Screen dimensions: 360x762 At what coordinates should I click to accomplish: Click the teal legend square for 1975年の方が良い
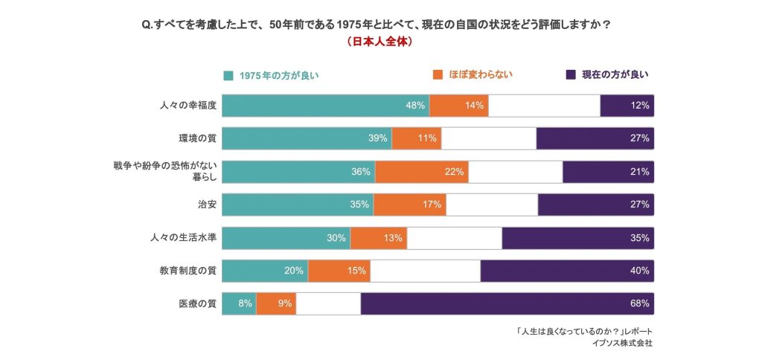coord(228,75)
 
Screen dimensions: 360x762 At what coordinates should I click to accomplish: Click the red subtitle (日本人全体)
coord(380,42)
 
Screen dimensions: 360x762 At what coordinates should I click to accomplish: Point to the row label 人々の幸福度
coord(188,106)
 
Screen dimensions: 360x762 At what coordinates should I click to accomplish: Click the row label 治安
coord(208,204)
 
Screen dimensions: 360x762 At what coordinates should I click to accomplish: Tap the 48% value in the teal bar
coord(415,106)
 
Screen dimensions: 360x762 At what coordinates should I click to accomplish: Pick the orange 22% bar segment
coord(421,172)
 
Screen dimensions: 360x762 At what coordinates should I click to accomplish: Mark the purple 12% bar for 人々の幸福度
coord(627,106)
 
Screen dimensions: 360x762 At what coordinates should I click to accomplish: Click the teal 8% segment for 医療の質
coord(239,303)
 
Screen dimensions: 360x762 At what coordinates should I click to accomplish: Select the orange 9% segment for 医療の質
coord(276,303)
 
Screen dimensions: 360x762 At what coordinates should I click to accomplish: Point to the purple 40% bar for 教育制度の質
coord(567,271)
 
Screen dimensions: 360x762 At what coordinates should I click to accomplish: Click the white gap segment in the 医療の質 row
coord(328,303)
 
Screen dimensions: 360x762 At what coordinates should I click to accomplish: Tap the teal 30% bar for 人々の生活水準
coord(286,238)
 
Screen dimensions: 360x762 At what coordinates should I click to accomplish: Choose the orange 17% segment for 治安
coord(409,205)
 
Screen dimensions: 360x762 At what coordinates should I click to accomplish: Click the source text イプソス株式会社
coord(623,344)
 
